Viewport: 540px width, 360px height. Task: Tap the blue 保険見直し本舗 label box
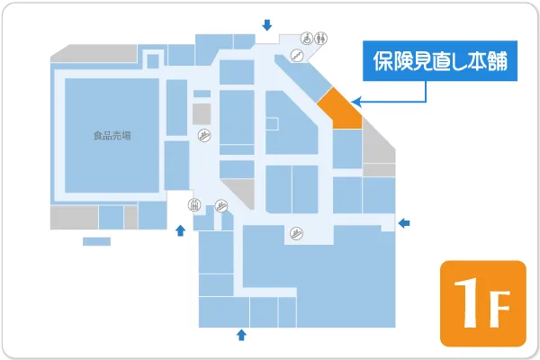(440, 62)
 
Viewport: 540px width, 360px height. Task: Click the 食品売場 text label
(112, 136)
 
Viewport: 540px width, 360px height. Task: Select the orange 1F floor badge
(482, 303)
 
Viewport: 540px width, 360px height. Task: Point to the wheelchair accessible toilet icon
(307, 38)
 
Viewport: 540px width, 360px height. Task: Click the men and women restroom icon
(322, 38)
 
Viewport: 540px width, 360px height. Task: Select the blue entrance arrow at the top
(265, 24)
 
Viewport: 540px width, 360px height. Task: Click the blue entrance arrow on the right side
(404, 221)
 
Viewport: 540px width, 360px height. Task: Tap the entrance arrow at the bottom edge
(240, 336)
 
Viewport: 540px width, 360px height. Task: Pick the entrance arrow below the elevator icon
(181, 230)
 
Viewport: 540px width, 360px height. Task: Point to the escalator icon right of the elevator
(221, 205)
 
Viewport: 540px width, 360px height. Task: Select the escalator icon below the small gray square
(204, 136)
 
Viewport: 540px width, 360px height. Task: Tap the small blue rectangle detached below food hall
(96, 241)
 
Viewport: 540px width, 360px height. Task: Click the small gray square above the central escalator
(202, 113)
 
